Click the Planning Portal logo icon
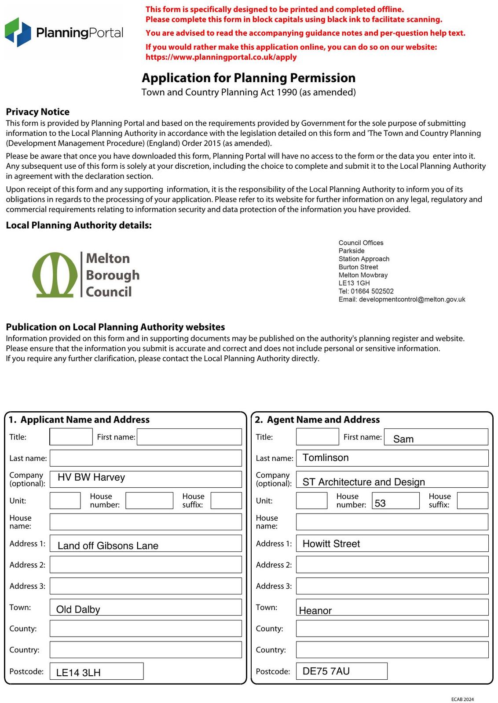click(x=18, y=33)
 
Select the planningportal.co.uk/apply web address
click(x=221, y=57)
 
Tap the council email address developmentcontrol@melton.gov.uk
click(x=412, y=300)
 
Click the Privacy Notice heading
click(x=37, y=112)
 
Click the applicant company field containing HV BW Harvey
click(x=146, y=479)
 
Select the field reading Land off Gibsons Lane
click(x=146, y=544)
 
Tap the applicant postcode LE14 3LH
click(x=96, y=671)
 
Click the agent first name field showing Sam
click(x=436, y=437)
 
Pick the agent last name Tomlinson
click(x=392, y=458)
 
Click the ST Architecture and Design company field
click(x=392, y=480)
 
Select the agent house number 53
click(x=395, y=501)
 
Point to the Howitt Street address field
click(x=392, y=544)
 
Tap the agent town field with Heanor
click(x=392, y=608)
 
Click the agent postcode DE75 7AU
click(x=341, y=671)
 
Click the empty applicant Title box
click(x=71, y=437)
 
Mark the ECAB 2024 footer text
click(x=462, y=699)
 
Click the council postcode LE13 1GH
click(x=354, y=283)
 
